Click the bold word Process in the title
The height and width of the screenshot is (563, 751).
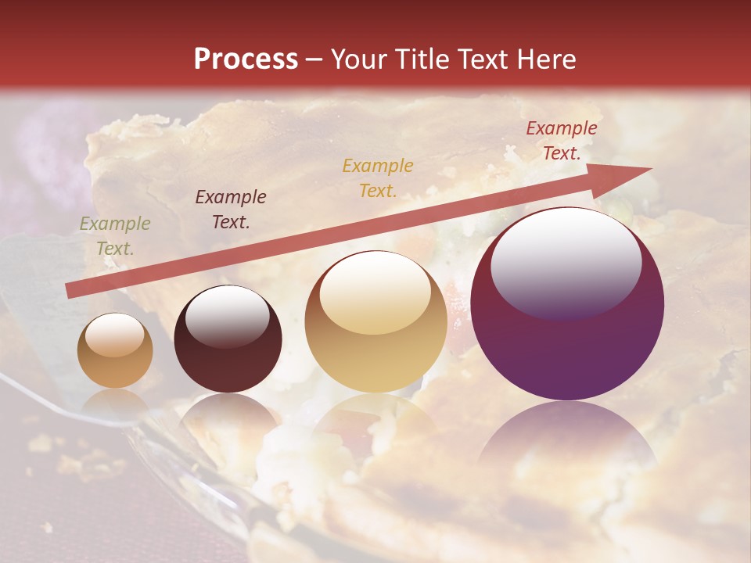246,59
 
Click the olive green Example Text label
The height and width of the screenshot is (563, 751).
115,235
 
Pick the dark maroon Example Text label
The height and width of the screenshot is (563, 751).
231,209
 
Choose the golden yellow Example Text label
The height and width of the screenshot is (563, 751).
378,178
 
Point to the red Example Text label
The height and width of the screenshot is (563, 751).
562,141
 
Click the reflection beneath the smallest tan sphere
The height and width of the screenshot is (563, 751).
115,403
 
